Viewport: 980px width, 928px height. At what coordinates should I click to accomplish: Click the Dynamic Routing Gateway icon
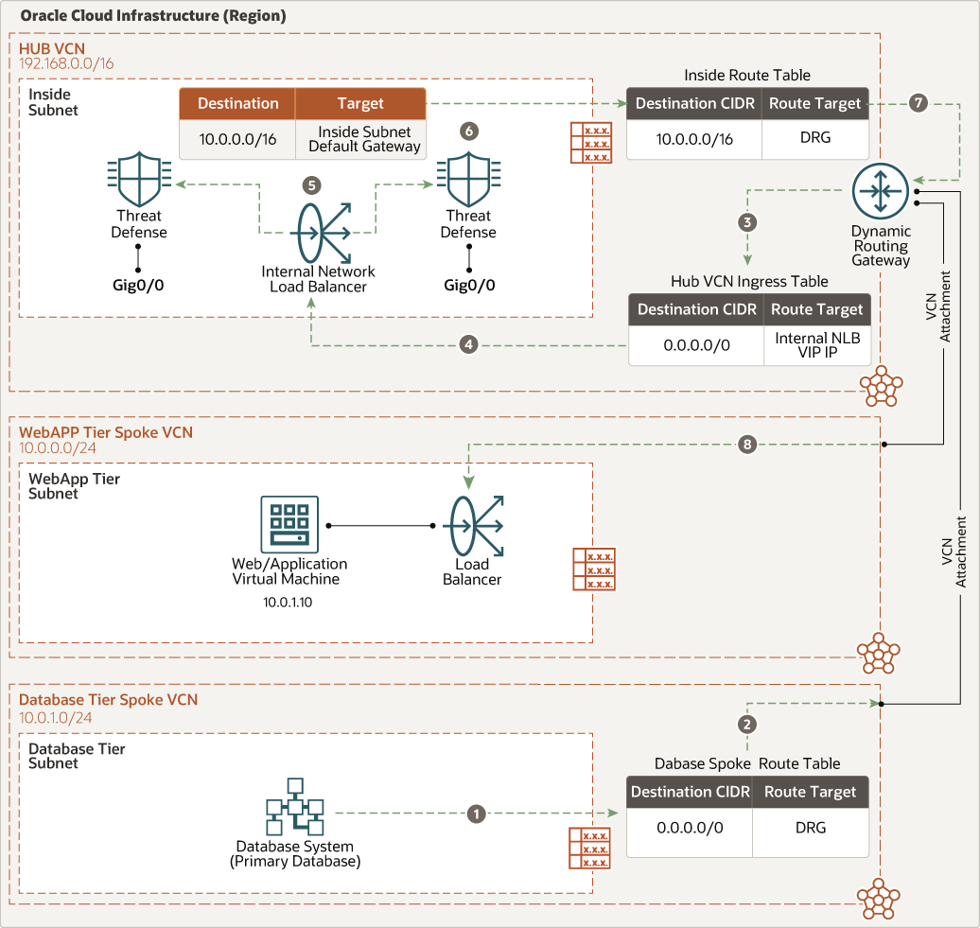coord(880,191)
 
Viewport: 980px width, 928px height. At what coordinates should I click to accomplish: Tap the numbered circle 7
coord(917,104)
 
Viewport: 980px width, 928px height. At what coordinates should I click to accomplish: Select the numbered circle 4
coord(468,345)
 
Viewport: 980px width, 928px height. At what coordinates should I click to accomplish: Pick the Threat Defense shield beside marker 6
coord(467,177)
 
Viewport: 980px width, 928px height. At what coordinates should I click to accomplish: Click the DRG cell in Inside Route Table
coord(814,138)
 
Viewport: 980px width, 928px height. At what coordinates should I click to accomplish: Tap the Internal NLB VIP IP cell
coord(816,345)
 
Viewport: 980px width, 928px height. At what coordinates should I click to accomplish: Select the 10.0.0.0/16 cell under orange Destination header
coord(237,138)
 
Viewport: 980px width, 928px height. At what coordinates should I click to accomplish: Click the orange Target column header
coord(359,103)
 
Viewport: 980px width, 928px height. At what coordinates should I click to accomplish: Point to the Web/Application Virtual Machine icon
coord(289,524)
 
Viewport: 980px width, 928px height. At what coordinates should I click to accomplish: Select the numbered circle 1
coord(477,813)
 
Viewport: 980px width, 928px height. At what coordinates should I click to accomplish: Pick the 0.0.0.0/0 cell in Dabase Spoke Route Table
coord(690,828)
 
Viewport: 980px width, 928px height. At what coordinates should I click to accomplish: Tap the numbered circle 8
coord(747,444)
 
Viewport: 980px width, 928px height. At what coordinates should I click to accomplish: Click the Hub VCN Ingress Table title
coord(748,281)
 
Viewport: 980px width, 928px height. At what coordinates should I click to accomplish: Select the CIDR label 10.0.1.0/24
coord(56,717)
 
